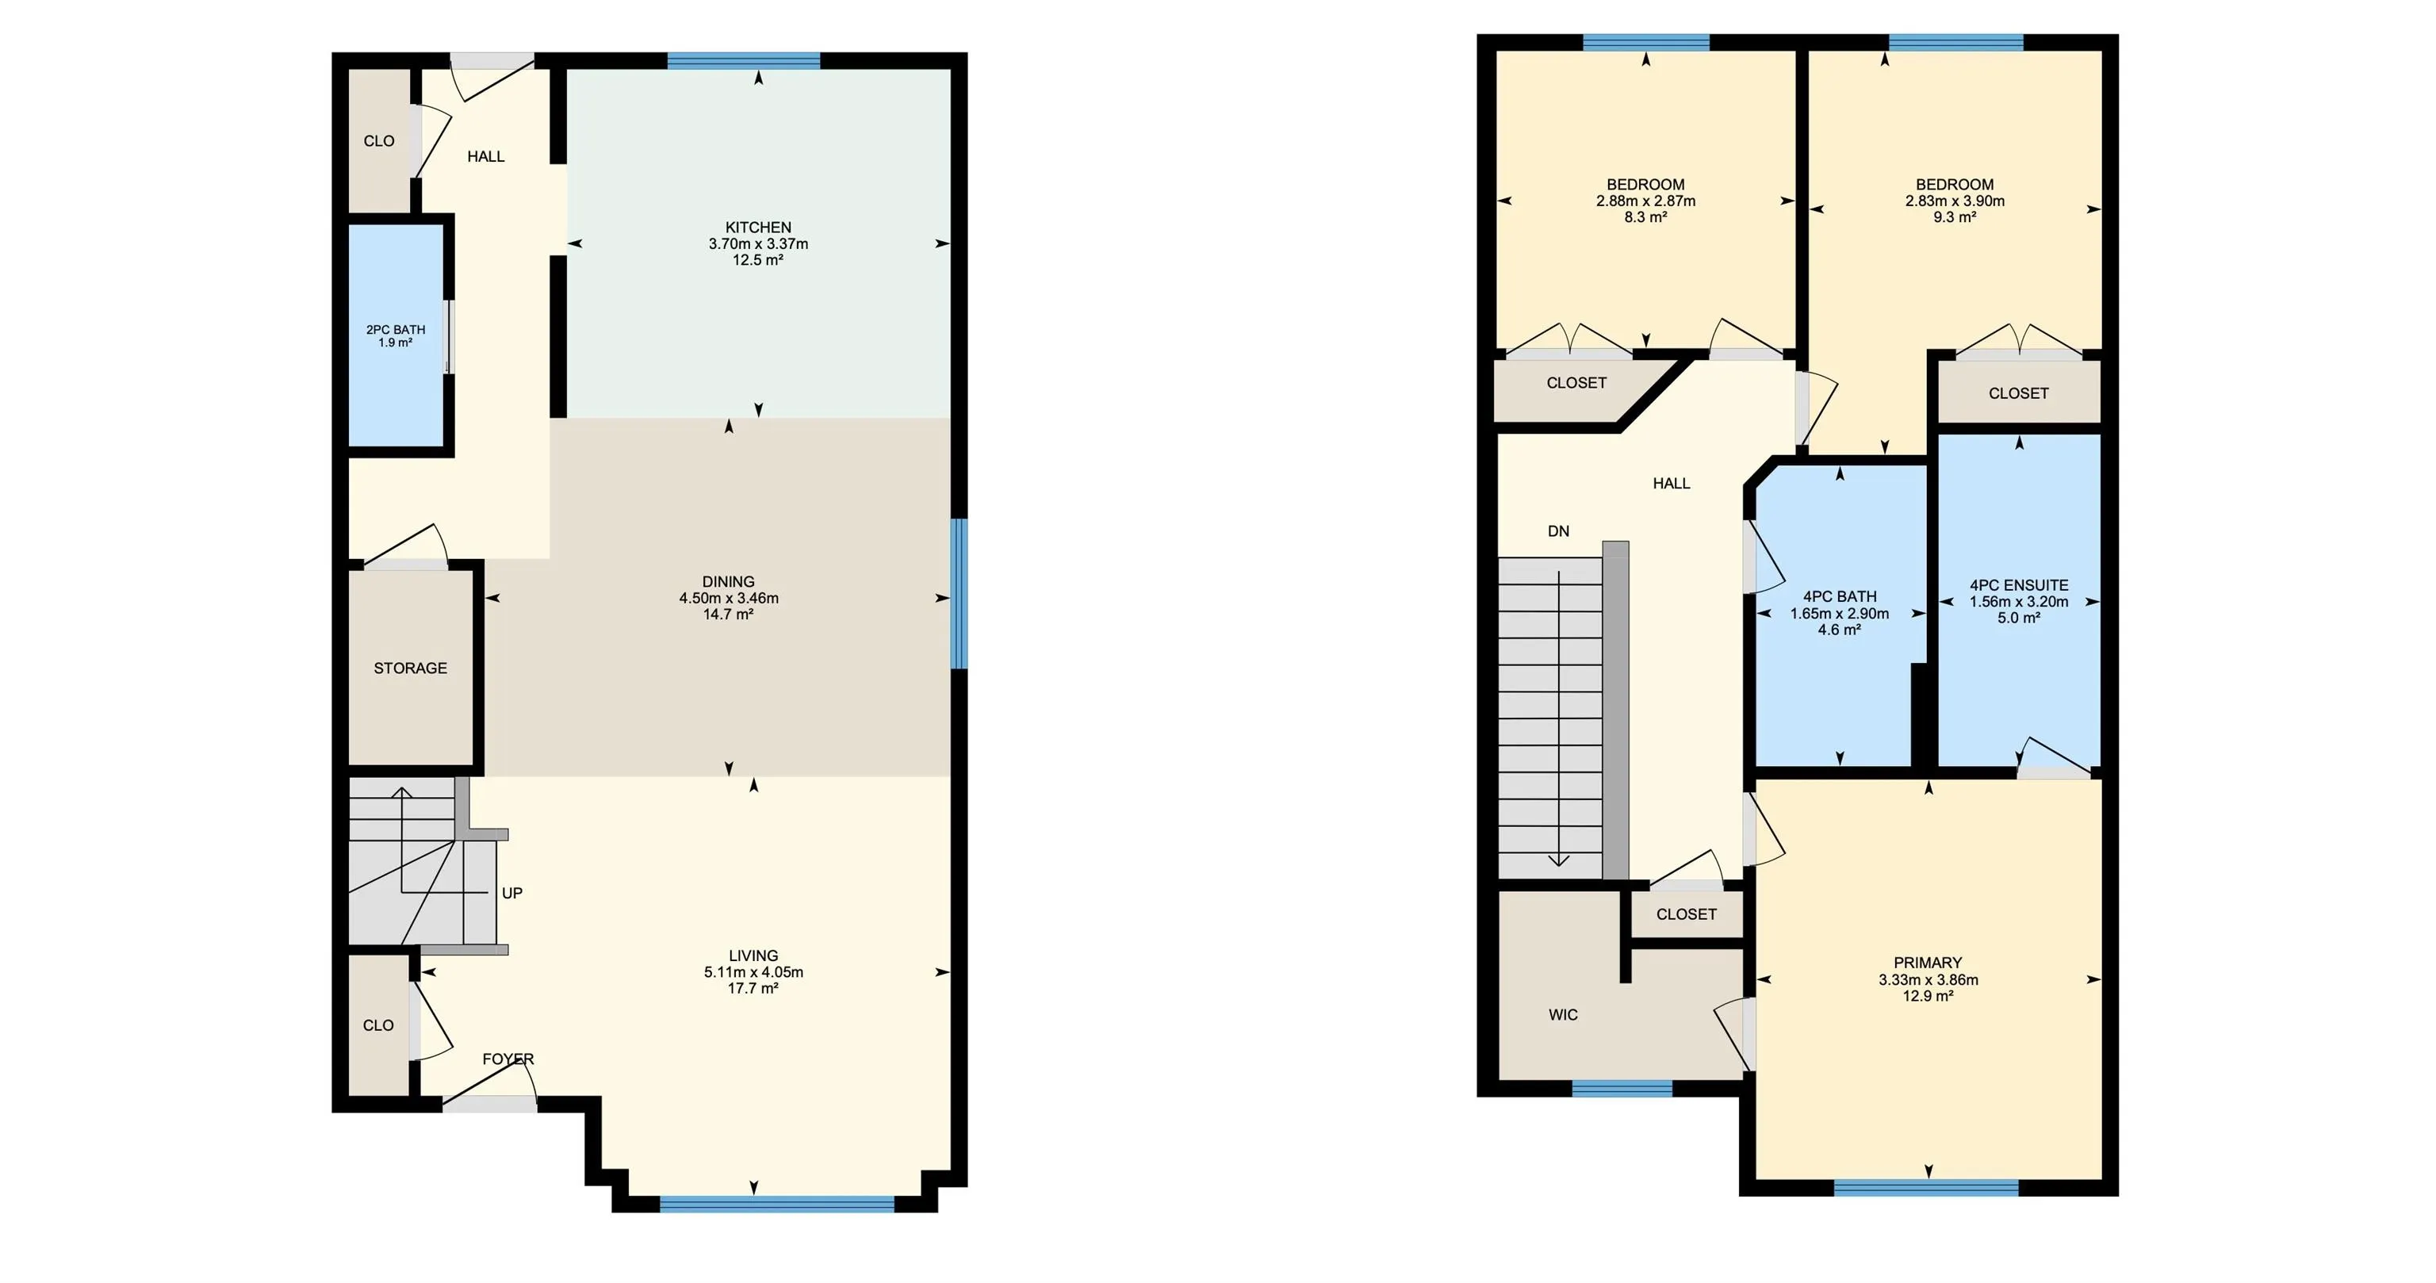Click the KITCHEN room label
757,227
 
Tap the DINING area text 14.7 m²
728,615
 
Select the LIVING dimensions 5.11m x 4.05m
753,972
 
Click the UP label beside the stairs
511,893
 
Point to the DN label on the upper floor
1558,531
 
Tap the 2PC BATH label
395,330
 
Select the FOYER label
507,1059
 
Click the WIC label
1563,1014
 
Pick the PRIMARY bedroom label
1927,963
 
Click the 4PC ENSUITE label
2019,585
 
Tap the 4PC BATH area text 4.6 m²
1840,630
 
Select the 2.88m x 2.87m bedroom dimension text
1645,201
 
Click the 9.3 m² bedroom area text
1955,216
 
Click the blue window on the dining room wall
959,593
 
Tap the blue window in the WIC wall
1622,1088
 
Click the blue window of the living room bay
776,1204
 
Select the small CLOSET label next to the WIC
1686,914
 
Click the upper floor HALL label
1671,483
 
